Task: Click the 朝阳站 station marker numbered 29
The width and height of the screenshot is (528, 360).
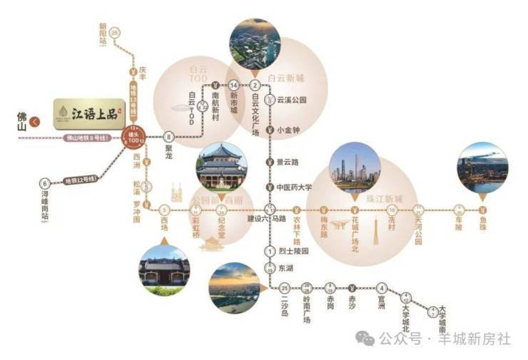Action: (116, 32)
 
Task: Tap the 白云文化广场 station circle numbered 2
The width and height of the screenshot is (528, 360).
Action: (255, 86)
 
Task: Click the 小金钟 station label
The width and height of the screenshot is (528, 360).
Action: (290, 130)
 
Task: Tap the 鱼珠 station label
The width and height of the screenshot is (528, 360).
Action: (484, 221)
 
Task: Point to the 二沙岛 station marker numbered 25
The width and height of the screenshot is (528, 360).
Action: (285, 288)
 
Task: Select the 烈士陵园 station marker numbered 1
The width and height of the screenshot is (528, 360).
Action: (270, 251)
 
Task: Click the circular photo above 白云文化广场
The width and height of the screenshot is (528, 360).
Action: (253, 43)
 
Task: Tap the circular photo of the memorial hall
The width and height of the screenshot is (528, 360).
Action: (220, 166)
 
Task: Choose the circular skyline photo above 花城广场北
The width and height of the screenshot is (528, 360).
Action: (355, 168)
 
